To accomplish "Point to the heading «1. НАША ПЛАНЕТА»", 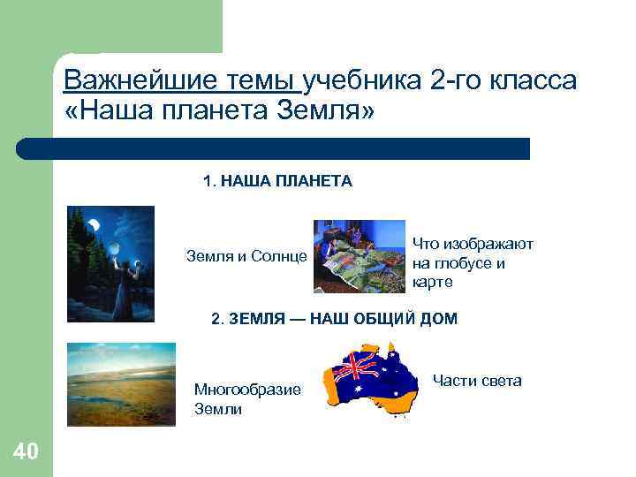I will pyautogui.click(x=277, y=181).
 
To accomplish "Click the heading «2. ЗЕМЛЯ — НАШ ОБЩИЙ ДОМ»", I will pyautogui.click(x=334, y=319).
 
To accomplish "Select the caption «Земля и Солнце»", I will pyautogui.click(x=246, y=257).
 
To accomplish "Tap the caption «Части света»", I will pyautogui.click(x=477, y=381).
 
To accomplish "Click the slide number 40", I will pyautogui.click(x=26, y=453).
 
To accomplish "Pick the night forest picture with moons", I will pyautogui.click(x=110, y=263).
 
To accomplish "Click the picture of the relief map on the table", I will pyautogui.click(x=358, y=256).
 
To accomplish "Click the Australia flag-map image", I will pyautogui.click(x=370, y=378).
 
